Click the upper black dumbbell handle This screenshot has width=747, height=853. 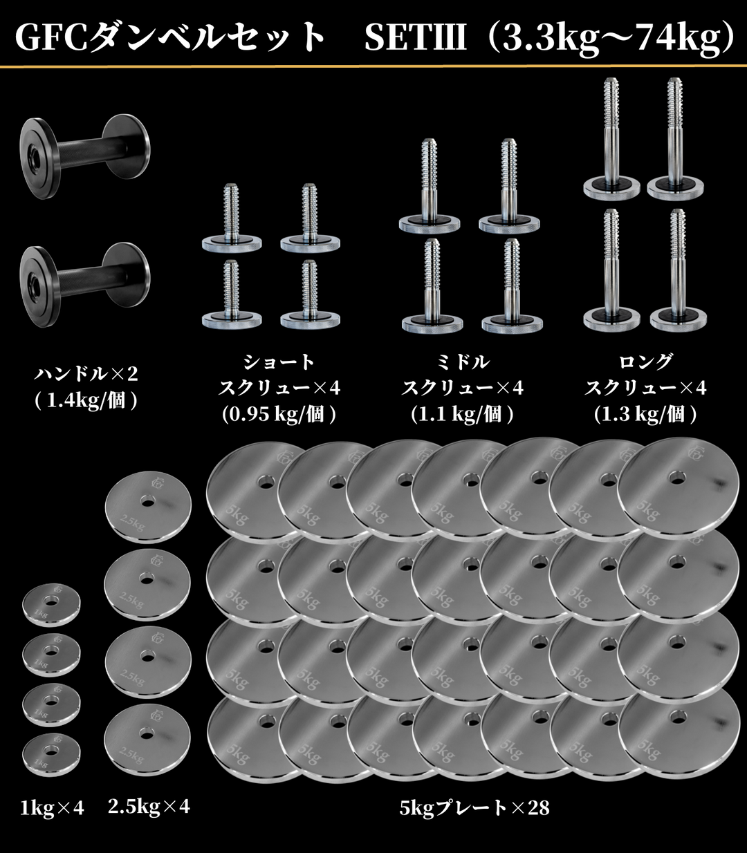click(84, 156)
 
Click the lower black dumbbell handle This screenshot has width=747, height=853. click(84, 285)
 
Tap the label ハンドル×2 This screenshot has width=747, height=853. click(86, 374)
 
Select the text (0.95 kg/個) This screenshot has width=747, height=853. click(279, 415)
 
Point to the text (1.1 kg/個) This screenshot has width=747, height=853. click(462, 415)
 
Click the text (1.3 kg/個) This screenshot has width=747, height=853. click(645, 415)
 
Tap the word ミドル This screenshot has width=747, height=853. click(463, 362)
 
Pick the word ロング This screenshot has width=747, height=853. click(645, 362)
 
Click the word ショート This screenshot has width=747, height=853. click(279, 362)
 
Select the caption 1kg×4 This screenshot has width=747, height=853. click(52, 808)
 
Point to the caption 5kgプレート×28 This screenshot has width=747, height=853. click(474, 808)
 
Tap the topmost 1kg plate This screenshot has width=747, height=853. click(51, 604)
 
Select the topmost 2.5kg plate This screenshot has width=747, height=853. click(148, 507)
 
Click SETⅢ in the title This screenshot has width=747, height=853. click(416, 37)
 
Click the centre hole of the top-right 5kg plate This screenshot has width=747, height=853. click(676, 478)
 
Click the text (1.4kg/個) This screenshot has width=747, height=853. click(86, 401)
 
